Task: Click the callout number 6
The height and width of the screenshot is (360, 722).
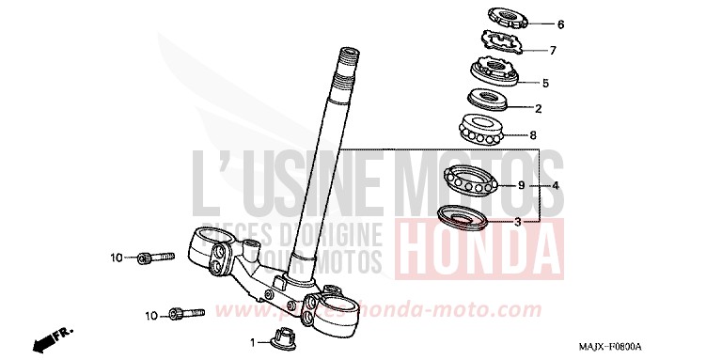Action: [560, 24]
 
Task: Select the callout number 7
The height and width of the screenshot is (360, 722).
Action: [553, 51]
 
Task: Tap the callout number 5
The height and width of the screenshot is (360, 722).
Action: [544, 83]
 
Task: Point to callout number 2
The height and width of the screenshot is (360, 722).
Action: [539, 108]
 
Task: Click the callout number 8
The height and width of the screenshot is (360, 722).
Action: [533, 134]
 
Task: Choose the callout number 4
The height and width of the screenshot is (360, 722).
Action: [556, 186]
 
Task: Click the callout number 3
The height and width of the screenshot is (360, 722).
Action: [516, 222]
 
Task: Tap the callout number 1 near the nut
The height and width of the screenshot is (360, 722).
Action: [253, 342]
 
